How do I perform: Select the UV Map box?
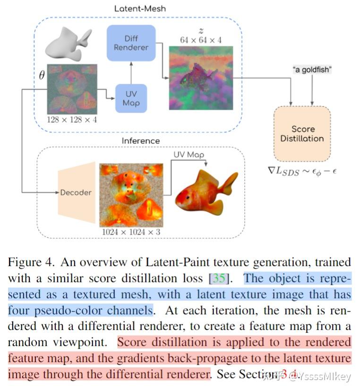pyautogui.click(x=130, y=98)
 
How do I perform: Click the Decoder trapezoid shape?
pyautogui.click(x=76, y=192)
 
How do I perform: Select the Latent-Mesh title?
pyautogui.click(x=140, y=9)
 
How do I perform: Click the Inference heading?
pyautogui.click(x=140, y=141)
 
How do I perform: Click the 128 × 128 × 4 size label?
pyautogui.click(x=72, y=120)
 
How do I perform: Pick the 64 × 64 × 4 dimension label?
pyautogui.click(x=201, y=40)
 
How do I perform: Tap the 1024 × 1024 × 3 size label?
pyautogui.click(x=131, y=232)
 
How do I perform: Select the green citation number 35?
pyautogui.click(x=219, y=278)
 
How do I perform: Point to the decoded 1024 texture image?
pyautogui.click(x=131, y=194)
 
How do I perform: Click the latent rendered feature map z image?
pyautogui.click(x=201, y=78)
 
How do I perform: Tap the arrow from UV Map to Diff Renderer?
pyautogui.click(x=130, y=73)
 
